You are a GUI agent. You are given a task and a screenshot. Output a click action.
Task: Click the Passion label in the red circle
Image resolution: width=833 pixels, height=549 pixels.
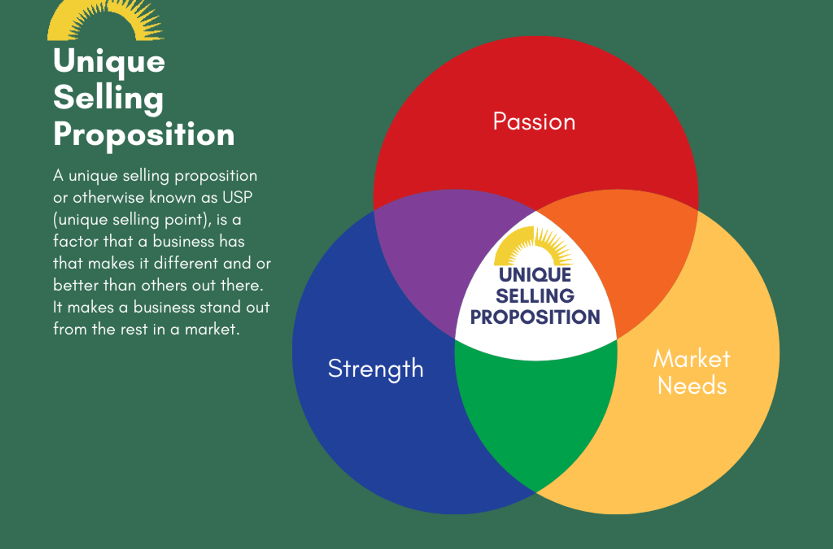coord(534,122)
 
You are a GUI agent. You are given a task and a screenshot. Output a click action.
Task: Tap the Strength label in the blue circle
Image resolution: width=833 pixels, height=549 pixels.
coord(375,368)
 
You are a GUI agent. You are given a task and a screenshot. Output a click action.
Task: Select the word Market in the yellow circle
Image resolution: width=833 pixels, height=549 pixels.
coord(691,359)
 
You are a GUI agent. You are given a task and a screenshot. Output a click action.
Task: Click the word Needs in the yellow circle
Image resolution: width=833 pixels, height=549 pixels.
coord(692,386)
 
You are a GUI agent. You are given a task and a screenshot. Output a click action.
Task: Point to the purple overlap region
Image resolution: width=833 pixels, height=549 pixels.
coord(435,252)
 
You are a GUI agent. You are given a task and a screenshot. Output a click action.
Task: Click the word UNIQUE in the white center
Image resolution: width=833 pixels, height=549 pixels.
coord(535,275)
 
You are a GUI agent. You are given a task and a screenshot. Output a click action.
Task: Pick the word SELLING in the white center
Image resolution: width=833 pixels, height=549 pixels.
coord(535,296)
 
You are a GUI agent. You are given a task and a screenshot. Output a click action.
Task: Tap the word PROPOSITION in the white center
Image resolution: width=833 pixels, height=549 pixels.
coord(535,317)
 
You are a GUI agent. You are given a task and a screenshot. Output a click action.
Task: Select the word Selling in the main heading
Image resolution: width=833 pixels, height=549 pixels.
coord(108,98)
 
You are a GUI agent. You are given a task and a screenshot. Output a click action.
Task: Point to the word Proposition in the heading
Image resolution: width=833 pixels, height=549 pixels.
coord(144,135)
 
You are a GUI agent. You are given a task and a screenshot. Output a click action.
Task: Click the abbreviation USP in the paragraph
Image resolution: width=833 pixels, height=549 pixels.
coord(237,198)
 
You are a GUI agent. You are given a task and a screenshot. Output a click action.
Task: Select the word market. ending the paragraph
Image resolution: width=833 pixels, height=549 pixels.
coord(212,329)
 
